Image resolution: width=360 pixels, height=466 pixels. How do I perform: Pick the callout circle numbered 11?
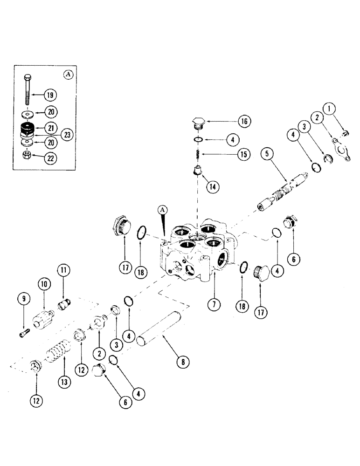(63, 269)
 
